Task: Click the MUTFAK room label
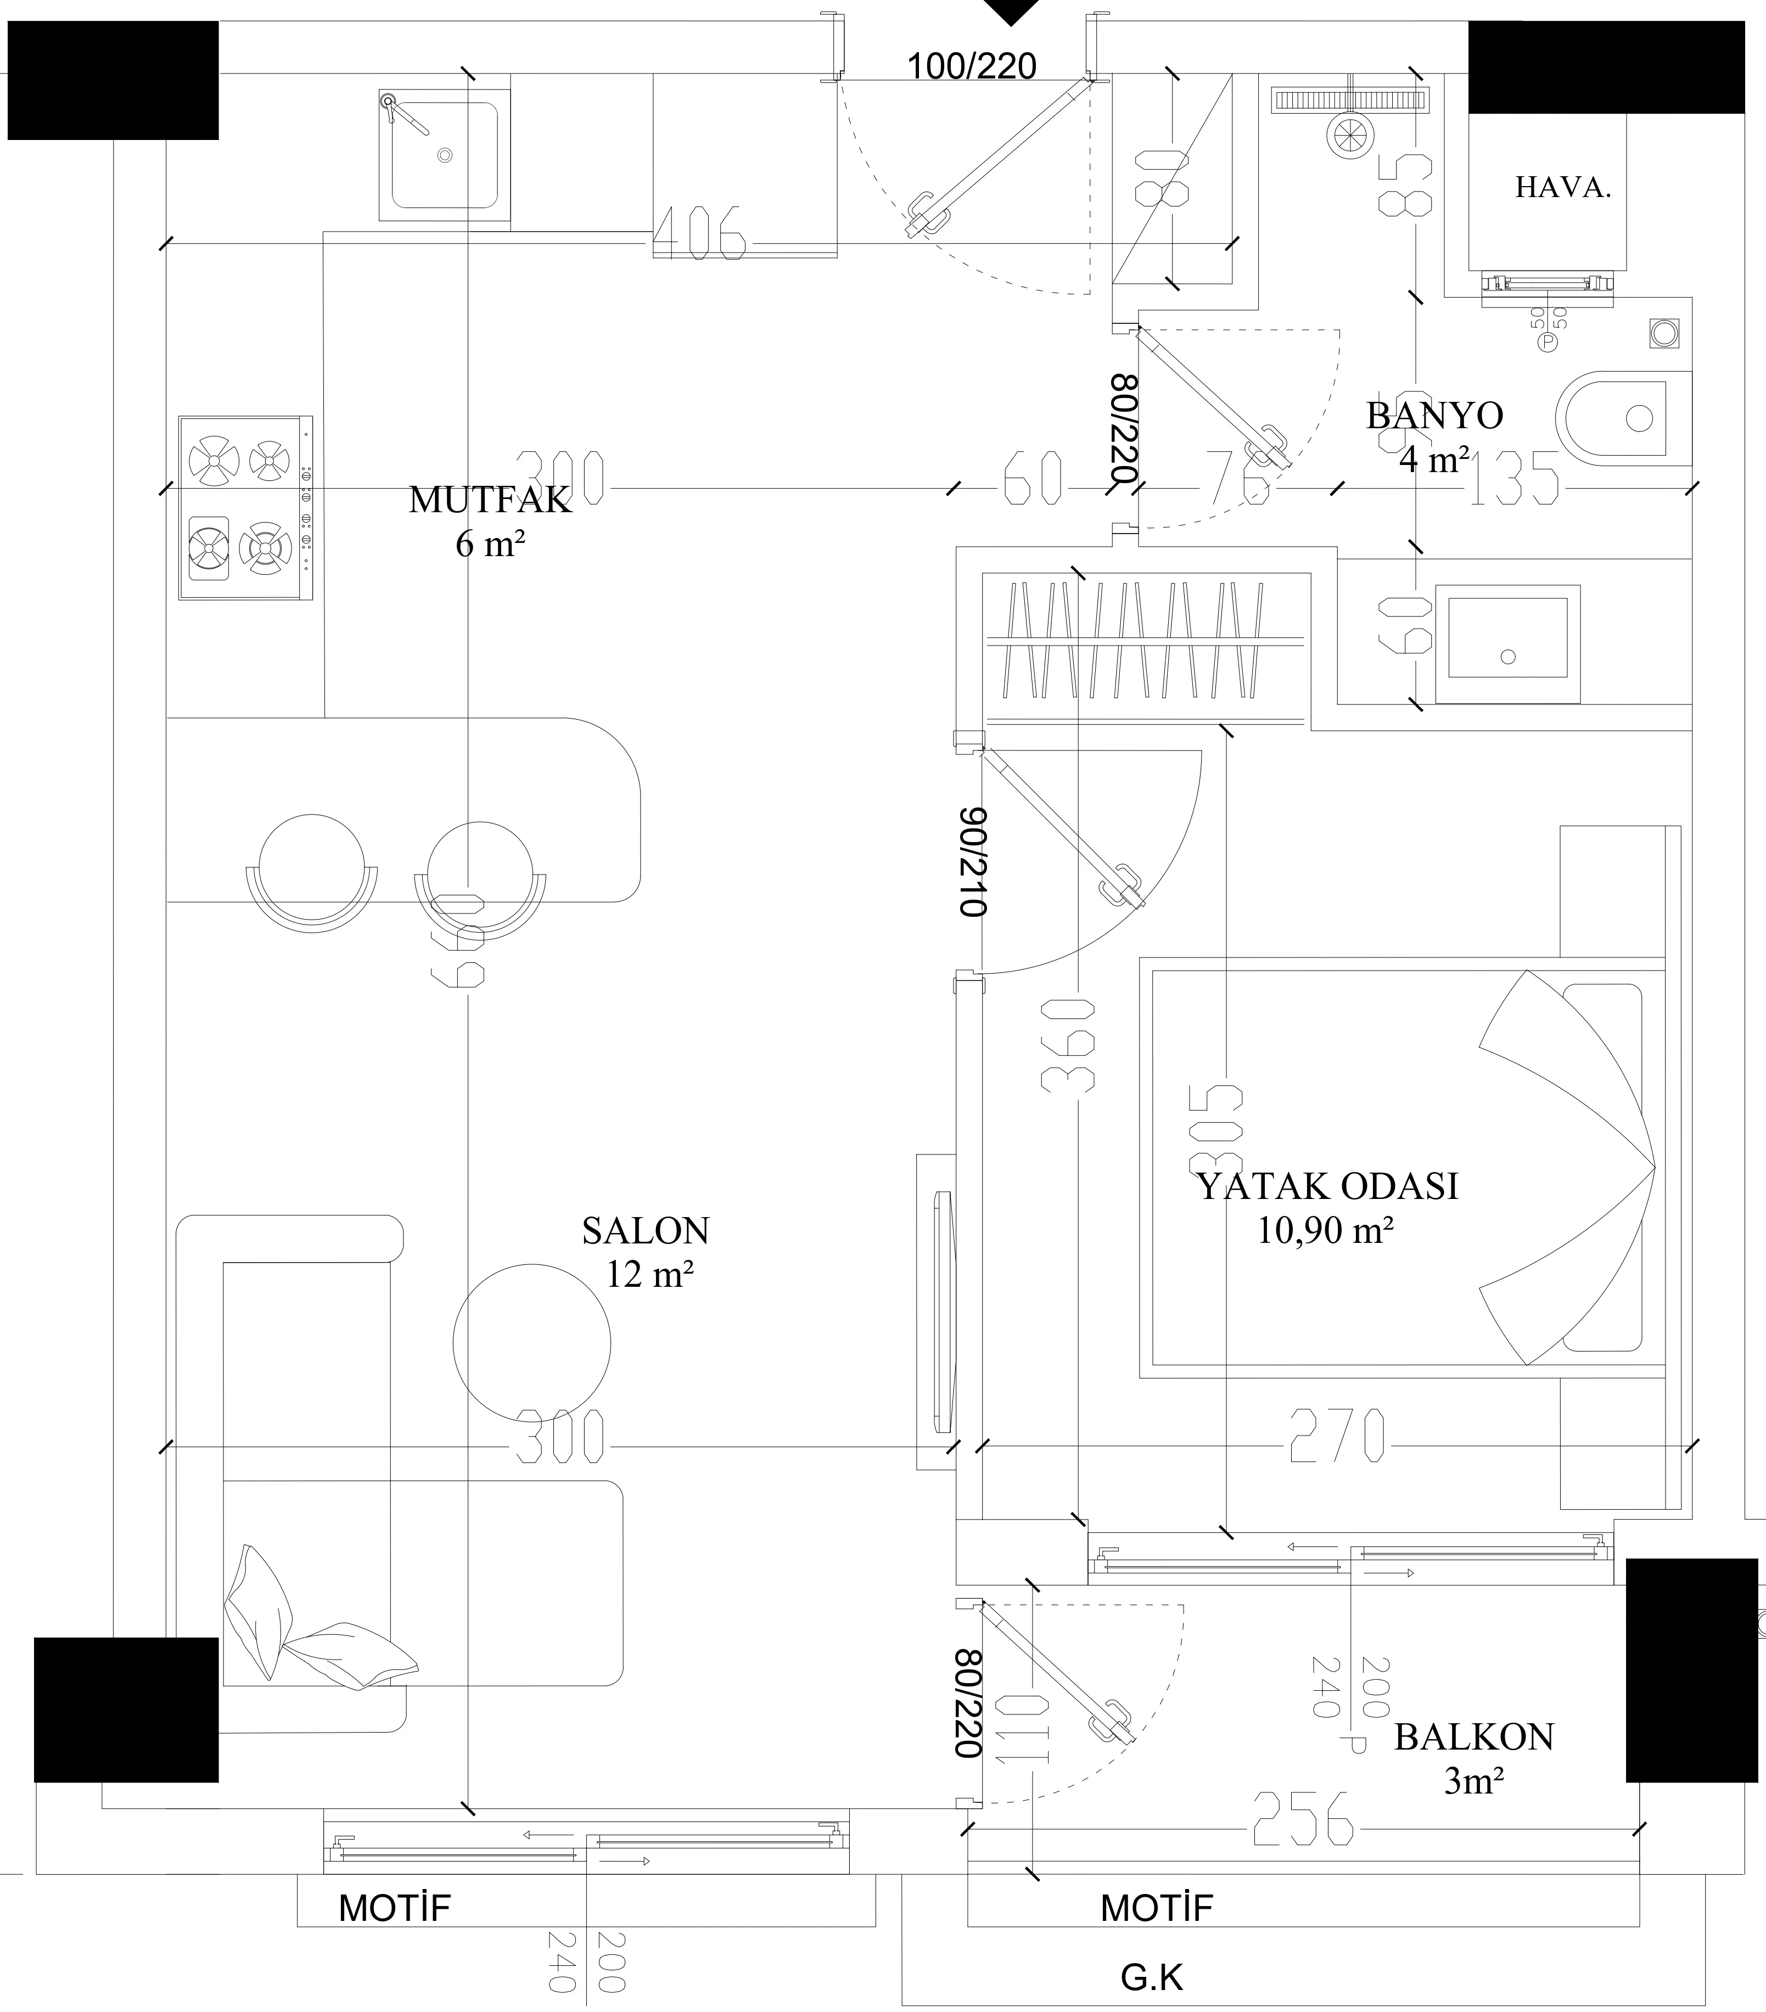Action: point(489,500)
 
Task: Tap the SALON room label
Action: point(645,1230)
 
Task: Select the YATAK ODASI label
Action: point(1327,1186)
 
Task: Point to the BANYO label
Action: point(1434,416)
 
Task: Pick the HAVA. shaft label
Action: point(1562,188)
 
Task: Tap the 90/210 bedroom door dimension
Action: point(973,862)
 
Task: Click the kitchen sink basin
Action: point(445,155)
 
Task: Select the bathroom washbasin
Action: point(1506,644)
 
